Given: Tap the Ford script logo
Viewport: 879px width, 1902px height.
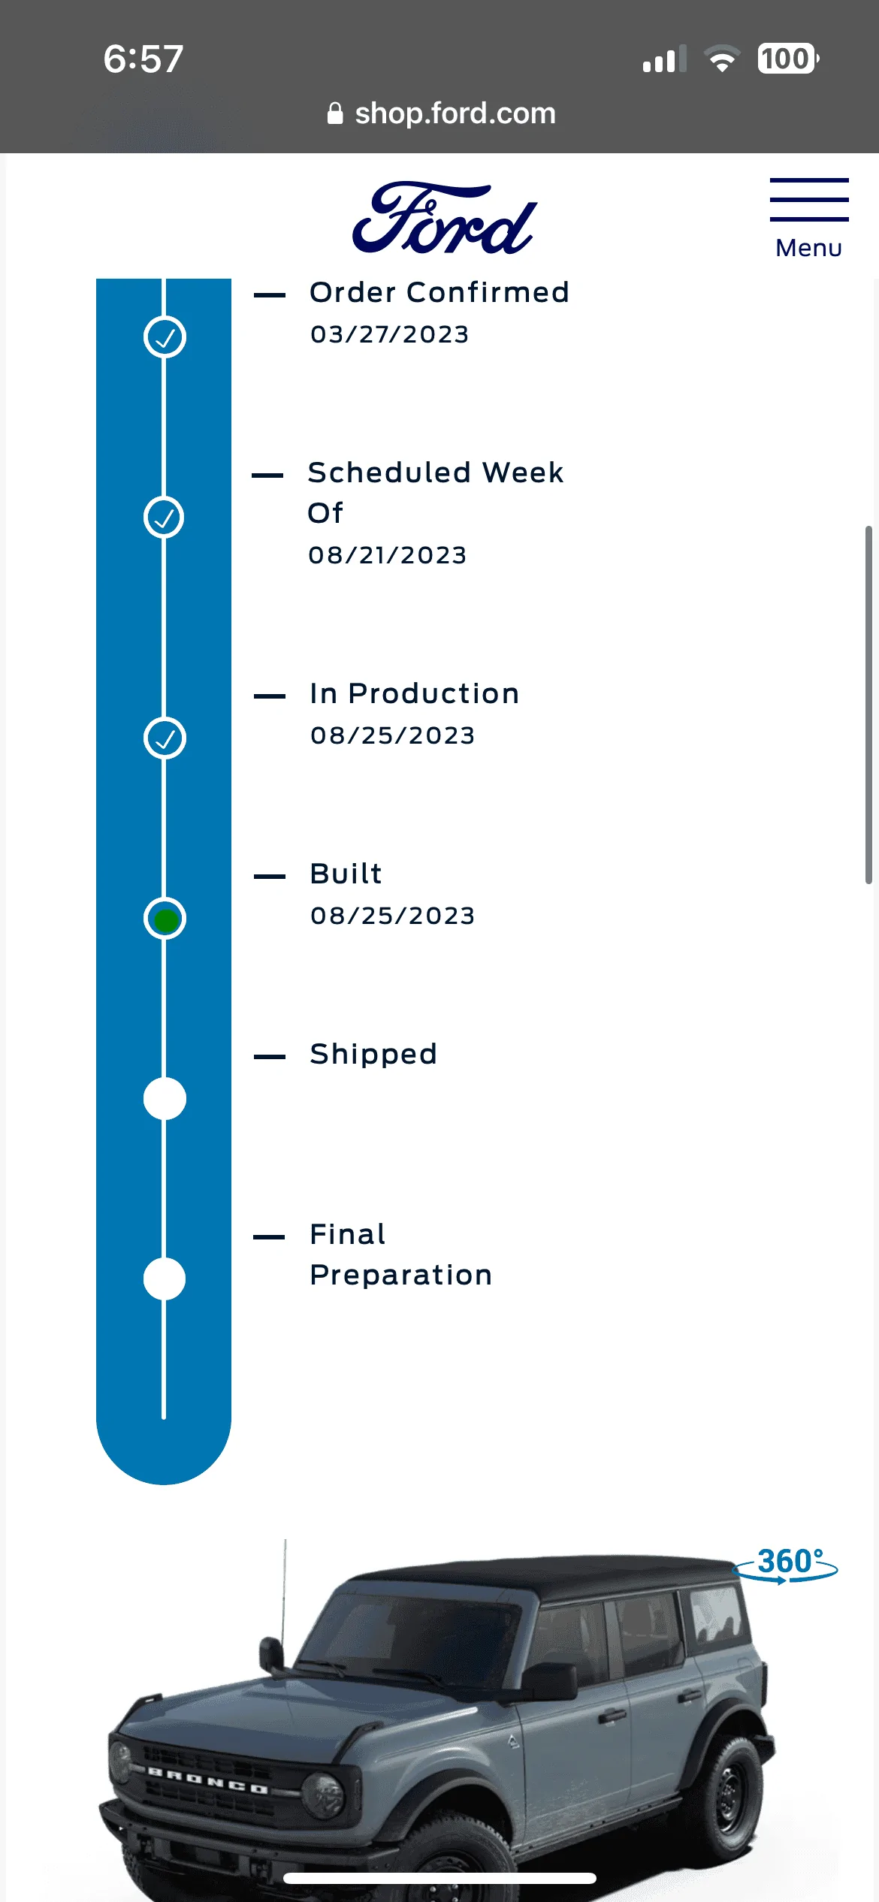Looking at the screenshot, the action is point(444,218).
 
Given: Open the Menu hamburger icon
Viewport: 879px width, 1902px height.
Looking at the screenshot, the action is point(809,200).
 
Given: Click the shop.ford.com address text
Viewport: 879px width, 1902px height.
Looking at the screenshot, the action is point(455,113).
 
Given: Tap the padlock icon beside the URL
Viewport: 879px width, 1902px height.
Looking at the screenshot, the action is point(335,113).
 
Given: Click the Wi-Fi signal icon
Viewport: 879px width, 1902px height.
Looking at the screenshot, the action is point(722,59).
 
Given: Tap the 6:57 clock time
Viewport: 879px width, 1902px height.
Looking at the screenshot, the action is point(143,59).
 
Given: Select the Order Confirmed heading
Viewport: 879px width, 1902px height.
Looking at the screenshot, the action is point(439,292).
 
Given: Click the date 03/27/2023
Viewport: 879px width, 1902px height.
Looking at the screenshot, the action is point(390,334).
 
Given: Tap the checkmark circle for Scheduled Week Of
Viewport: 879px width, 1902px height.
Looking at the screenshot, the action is point(164,517).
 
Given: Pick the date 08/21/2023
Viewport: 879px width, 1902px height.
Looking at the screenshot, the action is point(388,555).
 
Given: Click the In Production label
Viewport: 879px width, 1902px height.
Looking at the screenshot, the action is point(415,693).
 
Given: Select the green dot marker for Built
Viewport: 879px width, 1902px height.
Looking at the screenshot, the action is point(165,919).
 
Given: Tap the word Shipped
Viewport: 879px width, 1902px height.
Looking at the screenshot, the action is point(373,1055).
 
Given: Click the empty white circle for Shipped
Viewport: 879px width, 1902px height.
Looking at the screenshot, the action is point(165,1099).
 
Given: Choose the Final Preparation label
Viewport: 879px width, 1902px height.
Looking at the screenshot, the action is point(401,1254).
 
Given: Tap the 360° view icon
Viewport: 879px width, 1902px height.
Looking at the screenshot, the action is point(787,1564).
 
